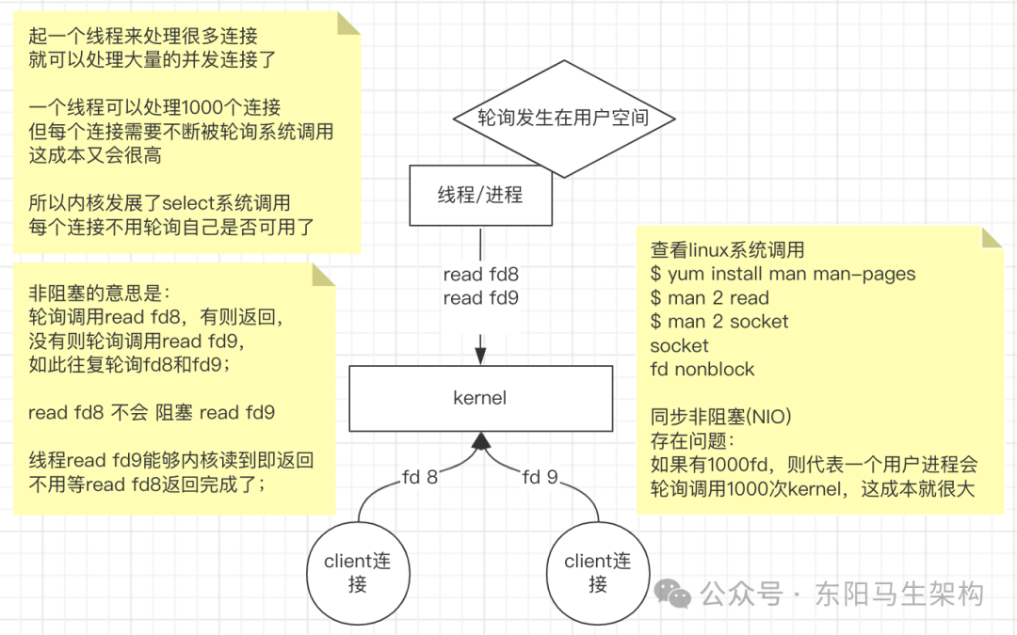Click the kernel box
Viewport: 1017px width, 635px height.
point(480,398)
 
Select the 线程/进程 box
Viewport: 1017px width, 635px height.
point(480,196)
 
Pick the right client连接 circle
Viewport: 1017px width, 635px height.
point(598,572)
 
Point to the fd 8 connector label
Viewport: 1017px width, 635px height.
point(420,477)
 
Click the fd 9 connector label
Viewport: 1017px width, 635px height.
point(541,477)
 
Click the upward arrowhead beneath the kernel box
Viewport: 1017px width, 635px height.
point(481,440)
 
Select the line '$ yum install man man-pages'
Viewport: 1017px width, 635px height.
point(783,275)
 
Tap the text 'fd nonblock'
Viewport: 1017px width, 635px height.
point(702,369)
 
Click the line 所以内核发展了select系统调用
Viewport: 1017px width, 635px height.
point(159,203)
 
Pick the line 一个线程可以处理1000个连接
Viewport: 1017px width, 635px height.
point(154,108)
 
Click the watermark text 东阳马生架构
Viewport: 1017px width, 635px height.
point(899,595)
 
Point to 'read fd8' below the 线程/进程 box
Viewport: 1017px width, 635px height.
point(480,275)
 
